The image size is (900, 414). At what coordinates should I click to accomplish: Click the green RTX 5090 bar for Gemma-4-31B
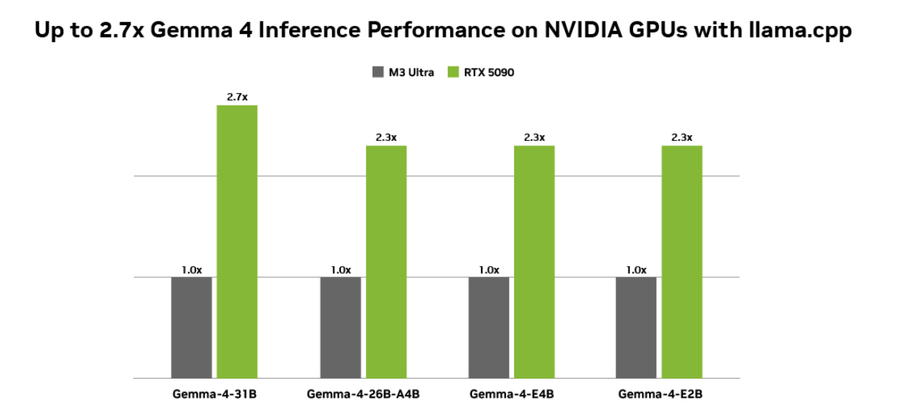(237, 241)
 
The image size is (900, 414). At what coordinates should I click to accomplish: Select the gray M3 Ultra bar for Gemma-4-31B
(191, 327)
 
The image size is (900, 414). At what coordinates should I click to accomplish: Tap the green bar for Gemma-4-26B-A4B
(386, 261)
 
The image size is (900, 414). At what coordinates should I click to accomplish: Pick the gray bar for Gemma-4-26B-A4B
(340, 327)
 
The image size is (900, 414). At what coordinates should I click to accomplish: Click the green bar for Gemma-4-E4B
(534, 261)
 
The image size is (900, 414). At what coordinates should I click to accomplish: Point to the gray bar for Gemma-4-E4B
(488, 327)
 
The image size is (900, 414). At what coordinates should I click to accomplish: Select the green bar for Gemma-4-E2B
(682, 261)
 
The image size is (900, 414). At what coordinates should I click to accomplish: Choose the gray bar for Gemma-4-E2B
(636, 327)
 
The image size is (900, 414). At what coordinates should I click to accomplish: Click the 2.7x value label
(237, 97)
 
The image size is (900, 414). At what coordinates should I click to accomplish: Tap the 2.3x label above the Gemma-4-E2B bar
(682, 137)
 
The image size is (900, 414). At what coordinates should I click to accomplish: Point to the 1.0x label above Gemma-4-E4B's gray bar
(488, 269)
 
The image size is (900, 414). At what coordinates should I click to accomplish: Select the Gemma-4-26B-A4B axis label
(363, 394)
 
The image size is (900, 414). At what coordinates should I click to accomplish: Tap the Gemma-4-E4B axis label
(511, 394)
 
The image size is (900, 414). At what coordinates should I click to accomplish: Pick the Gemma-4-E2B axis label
(660, 394)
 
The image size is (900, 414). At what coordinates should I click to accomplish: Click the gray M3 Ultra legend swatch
(377, 72)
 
